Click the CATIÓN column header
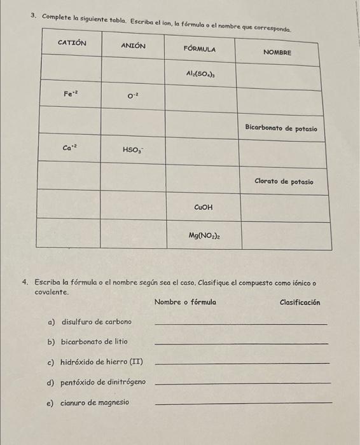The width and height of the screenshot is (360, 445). (71, 43)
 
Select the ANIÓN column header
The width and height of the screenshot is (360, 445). (133, 46)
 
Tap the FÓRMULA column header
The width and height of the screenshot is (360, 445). (199, 49)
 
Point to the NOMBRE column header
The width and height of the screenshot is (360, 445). (277, 52)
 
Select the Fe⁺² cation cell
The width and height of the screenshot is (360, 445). (71, 93)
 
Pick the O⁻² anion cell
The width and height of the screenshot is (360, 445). (132, 97)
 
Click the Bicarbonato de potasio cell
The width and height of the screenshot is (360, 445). (280, 128)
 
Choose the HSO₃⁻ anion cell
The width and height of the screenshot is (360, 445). (132, 150)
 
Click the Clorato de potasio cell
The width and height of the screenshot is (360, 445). (284, 181)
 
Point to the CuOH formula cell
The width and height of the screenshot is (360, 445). (204, 207)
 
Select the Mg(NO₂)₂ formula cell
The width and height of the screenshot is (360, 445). (204, 235)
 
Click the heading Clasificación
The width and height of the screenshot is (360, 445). (300, 302)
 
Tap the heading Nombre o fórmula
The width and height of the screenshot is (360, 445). (184, 302)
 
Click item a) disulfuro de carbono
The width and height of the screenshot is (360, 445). (90, 322)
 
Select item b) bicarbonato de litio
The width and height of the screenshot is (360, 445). (87, 341)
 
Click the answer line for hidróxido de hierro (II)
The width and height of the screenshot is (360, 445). (242, 364)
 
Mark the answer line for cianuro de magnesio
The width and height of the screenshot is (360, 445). (243, 403)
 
